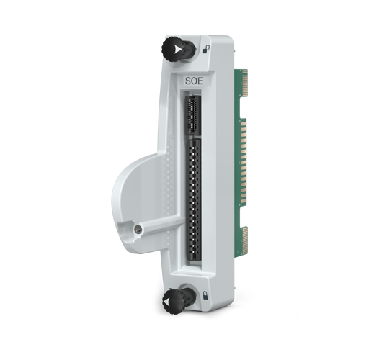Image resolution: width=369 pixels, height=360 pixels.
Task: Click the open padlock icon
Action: point(207,49)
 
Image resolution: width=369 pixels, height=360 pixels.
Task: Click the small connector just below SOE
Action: point(191,115)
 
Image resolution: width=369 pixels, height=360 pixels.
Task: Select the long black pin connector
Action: point(194,202)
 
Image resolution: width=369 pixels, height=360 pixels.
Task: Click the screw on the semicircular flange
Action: point(138,229)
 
